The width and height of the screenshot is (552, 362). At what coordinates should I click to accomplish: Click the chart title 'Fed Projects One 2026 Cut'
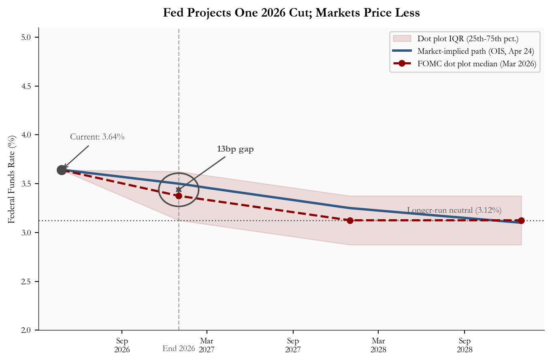(291, 13)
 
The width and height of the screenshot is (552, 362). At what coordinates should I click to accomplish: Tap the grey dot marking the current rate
(62, 170)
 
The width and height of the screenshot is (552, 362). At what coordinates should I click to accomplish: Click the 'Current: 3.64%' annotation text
(97, 137)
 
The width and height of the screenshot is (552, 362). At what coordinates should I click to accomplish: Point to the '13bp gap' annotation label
(235, 149)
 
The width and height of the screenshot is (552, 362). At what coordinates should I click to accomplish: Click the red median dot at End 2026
(179, 196)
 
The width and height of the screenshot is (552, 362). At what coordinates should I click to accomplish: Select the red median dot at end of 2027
(350, 220)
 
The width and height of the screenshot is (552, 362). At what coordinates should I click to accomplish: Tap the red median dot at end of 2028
(521, 220)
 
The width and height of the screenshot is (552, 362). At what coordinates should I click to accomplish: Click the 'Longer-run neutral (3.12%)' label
(454, 210)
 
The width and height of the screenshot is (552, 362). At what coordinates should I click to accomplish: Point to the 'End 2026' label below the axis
(179, 348)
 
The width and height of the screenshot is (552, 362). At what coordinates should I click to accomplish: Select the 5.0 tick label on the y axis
(27, 38)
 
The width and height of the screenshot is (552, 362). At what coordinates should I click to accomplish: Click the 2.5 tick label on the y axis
(27, 282)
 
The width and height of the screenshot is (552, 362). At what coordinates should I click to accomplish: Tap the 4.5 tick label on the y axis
(27, 86)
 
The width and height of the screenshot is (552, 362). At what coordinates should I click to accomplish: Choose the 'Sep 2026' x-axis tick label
(122, 345)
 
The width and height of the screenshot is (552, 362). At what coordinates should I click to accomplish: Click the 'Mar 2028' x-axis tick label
(378, 345)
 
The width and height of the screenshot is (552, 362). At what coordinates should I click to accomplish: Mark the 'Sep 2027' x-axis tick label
(293, 345)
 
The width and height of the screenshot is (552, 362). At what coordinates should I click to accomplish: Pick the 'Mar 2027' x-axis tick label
(207, 345)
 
